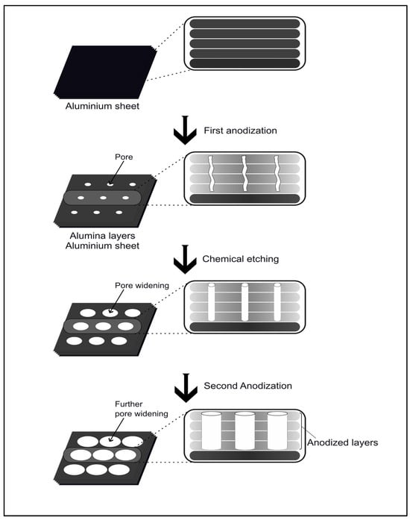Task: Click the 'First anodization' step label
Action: pyautogui.click(x=240, y=131)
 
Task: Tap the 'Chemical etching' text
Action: pyautogui.click(x=241, y=259)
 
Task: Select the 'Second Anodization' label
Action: pyautogui.click(x=248, y=386)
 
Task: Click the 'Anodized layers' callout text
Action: pyautogui.click(x=342, y=442)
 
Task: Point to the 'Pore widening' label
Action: pyautogui.click(x=142, y=286)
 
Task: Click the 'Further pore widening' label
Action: pyautogui.click(x=142, y=409)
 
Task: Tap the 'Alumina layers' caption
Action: pyautogui.click(x=102, y=236)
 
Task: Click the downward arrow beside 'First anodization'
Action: pyautogui.click(x=185, y=130)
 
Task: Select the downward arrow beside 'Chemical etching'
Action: pyautogui.click(x=185, y=260)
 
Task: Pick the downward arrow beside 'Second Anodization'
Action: pyautogui.click(x=186, y=388)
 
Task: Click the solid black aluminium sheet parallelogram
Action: pyautogui.click(x=105, y=72)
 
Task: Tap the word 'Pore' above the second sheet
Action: pyautogui.click(x=124, y=157)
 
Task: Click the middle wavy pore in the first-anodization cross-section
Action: pyautogui.click(x=245, y=173)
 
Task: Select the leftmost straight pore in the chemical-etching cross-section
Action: pyautogui.click(x=211, y=302)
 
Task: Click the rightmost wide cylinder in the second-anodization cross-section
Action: pyautogui.click(x=277, y=430)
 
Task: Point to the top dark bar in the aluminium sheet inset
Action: pyautogui.click(x=245, y=24)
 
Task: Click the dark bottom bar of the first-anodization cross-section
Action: pyautogui.click(x=245, y=198)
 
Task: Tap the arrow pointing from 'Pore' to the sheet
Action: pyautogui.click(x=117, y=173)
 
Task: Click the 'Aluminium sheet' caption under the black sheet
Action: pyautogui.click(x=102, y=106)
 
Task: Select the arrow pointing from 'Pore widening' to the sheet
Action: pyautogui.click(x=117, y=301)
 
